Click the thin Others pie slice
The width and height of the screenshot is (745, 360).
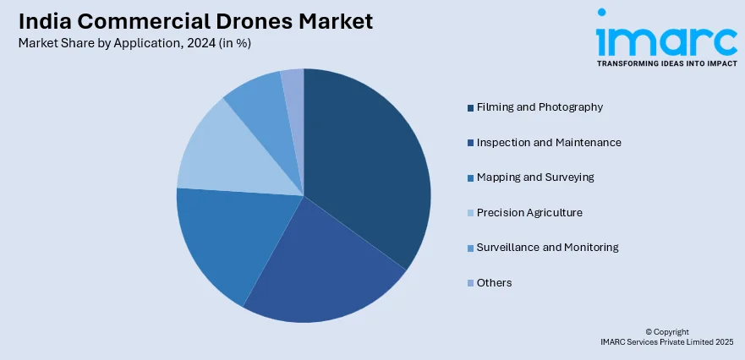coord(293,85)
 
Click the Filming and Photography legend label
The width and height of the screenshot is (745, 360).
coord(540,107)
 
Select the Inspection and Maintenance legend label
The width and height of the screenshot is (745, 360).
coord(549,142)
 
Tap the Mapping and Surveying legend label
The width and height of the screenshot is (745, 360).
coord(535,177)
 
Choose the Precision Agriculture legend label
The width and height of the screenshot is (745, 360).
coord(529,212)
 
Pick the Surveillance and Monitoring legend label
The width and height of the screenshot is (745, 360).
coord(547,248)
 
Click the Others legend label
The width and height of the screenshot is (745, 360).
coord(494,282)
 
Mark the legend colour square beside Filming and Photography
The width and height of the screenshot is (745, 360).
coord(470,107)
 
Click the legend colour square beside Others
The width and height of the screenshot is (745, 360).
coord(470,283)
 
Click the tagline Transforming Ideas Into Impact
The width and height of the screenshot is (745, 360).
coord(666,63)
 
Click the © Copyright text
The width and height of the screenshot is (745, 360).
coord(667,331)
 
